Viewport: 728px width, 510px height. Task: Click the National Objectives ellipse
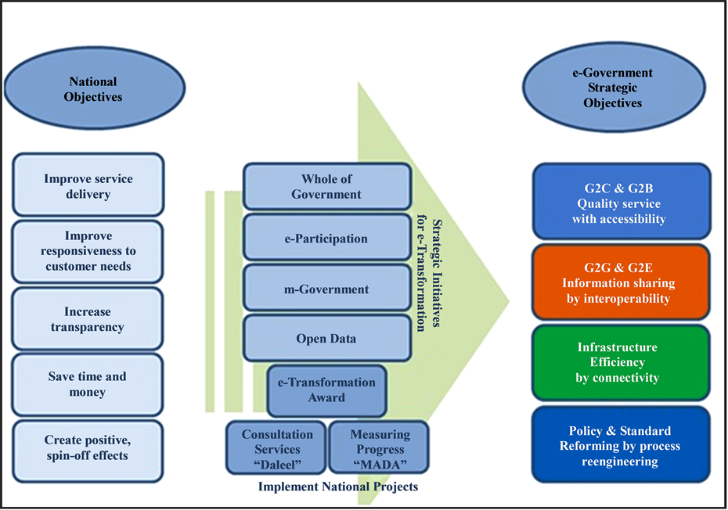(x=95, y=88)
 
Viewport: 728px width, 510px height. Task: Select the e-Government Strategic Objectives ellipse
(x=614, y=88)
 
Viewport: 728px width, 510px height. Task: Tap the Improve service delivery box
(x=88, y=185)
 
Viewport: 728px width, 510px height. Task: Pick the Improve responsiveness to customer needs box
(x=88, y=252)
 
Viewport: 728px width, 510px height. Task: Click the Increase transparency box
(x=88, y=319)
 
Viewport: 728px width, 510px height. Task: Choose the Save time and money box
(x=88, y=385)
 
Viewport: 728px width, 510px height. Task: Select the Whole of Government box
(x=327, y=186)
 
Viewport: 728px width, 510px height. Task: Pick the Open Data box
(x=327, y=338)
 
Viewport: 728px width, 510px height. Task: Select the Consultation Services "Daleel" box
(x=276, y=448)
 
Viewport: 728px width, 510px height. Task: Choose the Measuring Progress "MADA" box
(x=379, y=448)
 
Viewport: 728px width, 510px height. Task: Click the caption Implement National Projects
(x=338, y=487)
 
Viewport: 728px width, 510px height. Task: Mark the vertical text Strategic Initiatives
(x=437, y=273)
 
